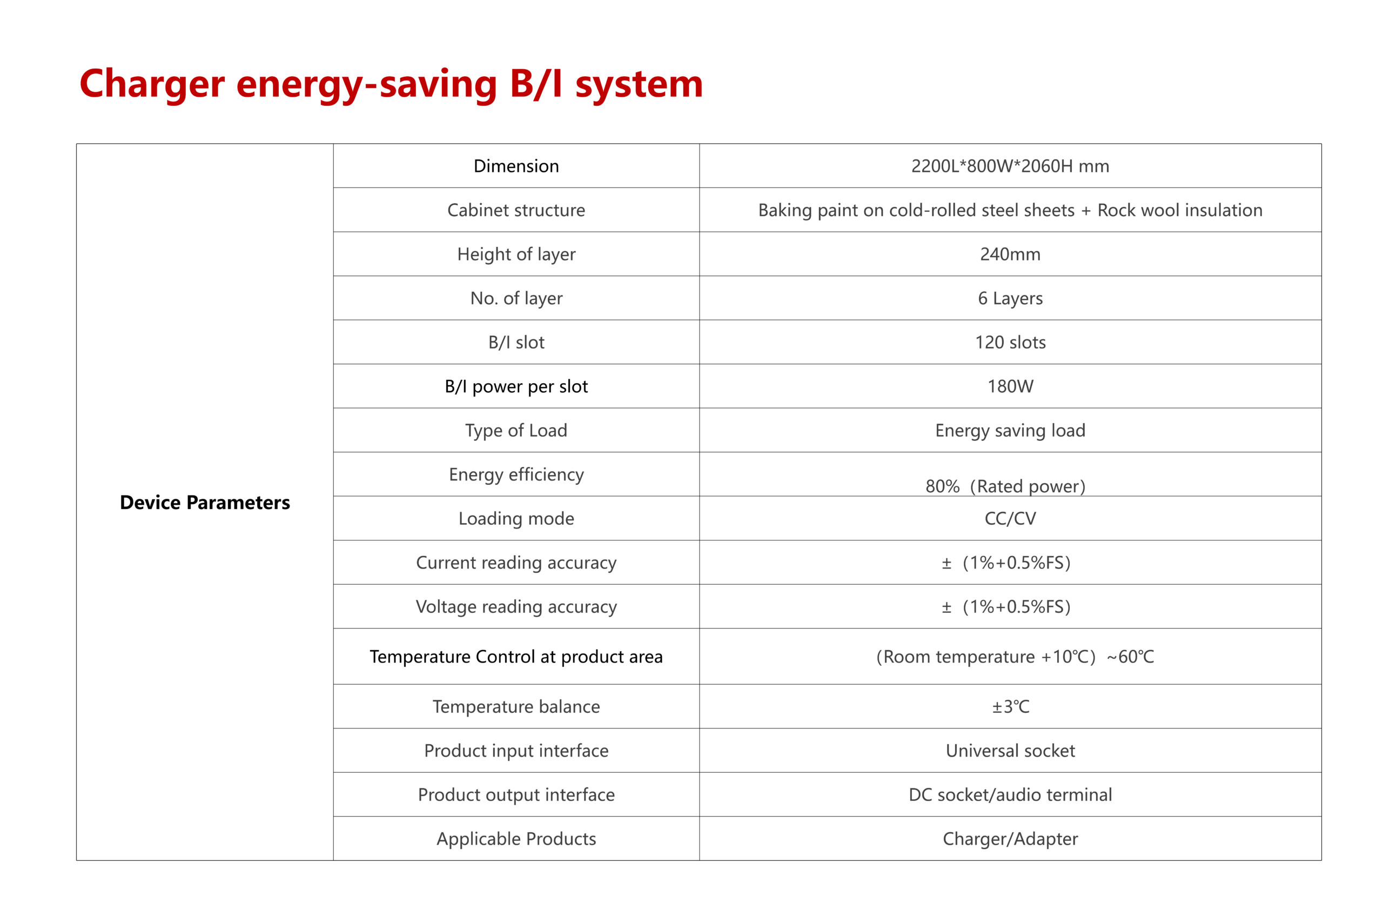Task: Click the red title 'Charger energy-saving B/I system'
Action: click(391, 84)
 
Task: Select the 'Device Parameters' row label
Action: click(205, 502)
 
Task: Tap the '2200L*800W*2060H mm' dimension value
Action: click(1010, 166)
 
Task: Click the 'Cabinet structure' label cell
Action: click(516, 210)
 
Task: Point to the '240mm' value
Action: click(1010, 255)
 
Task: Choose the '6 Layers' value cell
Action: click(1010, 298)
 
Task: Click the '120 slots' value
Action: click(1010, 343)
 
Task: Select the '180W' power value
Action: click(1010, 387)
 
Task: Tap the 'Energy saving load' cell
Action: click(1010, 431)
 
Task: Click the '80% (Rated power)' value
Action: click(1005, 486)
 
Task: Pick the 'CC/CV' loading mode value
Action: click(1010, 519)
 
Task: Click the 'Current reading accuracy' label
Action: click(516, 563)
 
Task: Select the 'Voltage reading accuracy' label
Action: click(516, 607)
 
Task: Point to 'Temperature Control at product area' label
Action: click(516, 657)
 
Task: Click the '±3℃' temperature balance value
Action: click(1010, 706)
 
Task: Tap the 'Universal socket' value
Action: click(1010, 751)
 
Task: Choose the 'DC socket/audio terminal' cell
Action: click(1010, 795)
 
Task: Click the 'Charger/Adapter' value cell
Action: click(1010, 839)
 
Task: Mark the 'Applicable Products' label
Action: click(516, 839)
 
